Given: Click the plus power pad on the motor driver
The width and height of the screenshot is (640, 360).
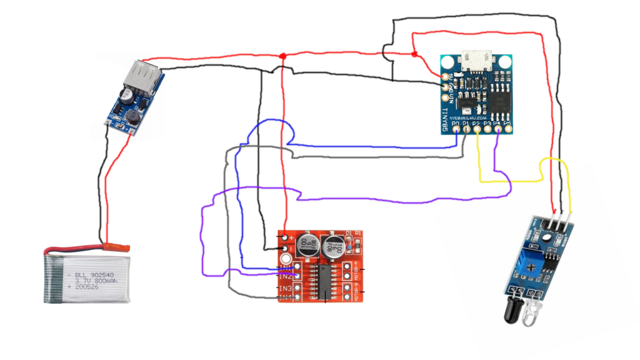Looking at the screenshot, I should coord(286,237).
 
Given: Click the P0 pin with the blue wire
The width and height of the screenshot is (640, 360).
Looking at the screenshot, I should coord(456,131).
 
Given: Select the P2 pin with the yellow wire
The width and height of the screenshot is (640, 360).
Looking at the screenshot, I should coord(477,131).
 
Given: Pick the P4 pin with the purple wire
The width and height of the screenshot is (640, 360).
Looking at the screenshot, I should coord(497,131).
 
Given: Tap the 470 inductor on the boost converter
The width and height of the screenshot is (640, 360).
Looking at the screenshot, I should coord(134,116).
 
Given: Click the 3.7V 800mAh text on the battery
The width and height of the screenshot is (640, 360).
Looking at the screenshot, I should coord(89,282).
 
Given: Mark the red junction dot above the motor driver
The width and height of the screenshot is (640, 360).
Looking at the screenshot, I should coord(283,57).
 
